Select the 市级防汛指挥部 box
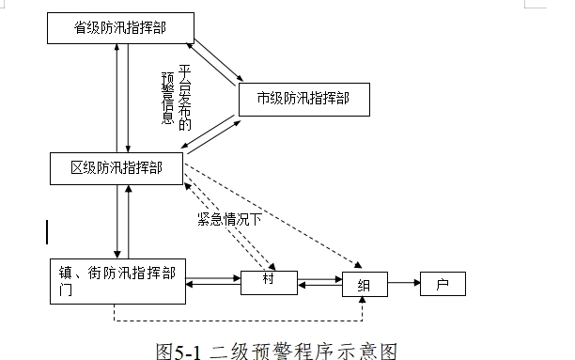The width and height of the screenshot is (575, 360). click(301, 98)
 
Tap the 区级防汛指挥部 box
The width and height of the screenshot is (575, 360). click(117, 168)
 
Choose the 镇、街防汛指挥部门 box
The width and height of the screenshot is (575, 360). click(117, 282)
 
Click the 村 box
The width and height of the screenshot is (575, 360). click(269, 280)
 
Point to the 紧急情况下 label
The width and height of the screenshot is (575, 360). click(228, 220)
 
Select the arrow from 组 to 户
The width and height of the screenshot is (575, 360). click(402, 281)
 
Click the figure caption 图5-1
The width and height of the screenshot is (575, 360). click(178, 350)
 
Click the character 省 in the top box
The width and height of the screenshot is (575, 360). click(81, 27)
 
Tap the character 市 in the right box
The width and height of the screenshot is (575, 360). click(263, 98)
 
